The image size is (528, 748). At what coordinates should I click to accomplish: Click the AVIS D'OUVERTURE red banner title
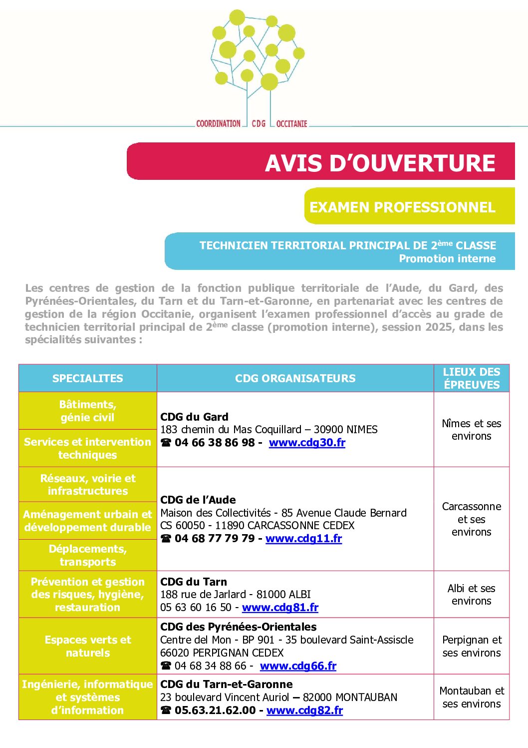click(x=380, y=163)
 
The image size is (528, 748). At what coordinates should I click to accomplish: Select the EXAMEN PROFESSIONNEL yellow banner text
click(x=402, y=207)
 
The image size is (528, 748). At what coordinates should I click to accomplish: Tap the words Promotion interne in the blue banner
click(x=447, y=259)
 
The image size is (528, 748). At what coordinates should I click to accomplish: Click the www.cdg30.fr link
click(x=307, y=443)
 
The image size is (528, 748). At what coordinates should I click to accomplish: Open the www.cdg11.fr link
click(x=303, y=539)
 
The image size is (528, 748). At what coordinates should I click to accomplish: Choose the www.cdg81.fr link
click(x=280, y=608)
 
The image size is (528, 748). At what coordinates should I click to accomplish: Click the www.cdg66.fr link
click(x=298, y=666)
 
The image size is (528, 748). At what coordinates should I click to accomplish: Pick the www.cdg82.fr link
click(x=304, y=711)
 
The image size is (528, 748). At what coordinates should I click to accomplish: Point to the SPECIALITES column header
click(x=87, y=378)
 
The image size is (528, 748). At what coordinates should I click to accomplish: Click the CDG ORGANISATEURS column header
click(x=295, y=378)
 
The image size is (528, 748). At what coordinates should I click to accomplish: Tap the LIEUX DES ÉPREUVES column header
click(x=471, y=378)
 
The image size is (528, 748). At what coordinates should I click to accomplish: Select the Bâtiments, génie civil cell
click(x=87, y=411)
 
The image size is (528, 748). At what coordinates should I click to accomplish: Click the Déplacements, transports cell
click(x=87, y=555)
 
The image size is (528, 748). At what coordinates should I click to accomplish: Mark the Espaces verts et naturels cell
click(x=87, y=646)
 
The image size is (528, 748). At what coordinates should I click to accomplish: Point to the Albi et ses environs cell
click(x=471, y=595)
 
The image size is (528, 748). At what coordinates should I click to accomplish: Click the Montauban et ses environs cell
click(x=471, y=697)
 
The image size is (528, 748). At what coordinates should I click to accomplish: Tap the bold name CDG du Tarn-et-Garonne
click(x=226, y=685)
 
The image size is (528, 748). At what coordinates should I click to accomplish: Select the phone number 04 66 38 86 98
click(x=215, y=443)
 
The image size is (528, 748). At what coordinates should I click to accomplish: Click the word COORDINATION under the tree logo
click(x=218, y=123)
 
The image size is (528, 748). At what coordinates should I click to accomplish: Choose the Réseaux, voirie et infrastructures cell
click(x=87, y=485)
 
